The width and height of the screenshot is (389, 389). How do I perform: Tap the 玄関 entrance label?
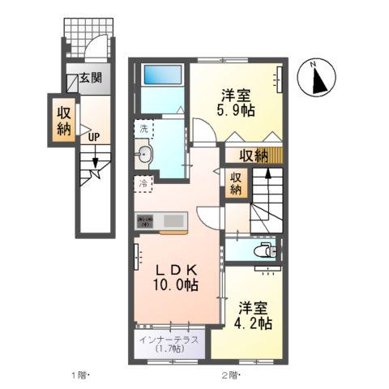click(91, 79)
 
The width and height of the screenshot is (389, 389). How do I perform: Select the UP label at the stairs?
click(94, 136)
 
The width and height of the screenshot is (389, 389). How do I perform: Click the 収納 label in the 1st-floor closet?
click(64, 120)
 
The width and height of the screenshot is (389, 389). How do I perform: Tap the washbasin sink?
click(145, 153)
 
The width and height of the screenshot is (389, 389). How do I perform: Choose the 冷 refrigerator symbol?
click(143, 183)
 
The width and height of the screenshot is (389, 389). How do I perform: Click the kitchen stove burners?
click(146, 219)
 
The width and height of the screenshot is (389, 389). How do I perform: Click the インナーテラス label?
click(168, 340)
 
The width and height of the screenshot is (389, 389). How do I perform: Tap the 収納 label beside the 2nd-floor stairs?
click(236, 183)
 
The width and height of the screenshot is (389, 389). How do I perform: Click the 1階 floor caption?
click(79, 374)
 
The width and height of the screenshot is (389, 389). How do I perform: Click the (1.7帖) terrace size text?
click(168, 350)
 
